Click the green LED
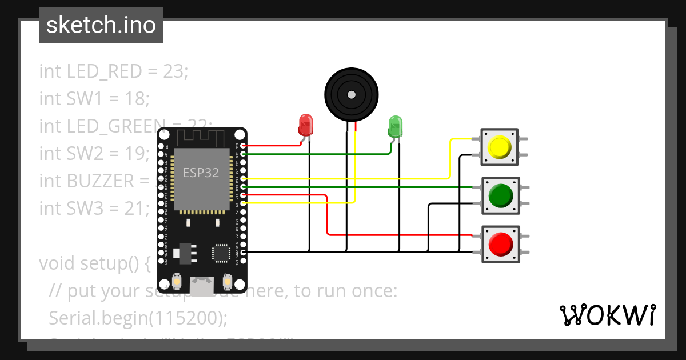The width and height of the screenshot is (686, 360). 395,125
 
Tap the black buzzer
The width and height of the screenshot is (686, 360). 352,95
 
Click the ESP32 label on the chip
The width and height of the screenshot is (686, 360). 201,173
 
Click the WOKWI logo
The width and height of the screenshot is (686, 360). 607,315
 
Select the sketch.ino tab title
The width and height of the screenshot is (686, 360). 101,25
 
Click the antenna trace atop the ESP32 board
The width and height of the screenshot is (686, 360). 201,137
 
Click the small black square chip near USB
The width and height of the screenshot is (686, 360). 221,253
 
